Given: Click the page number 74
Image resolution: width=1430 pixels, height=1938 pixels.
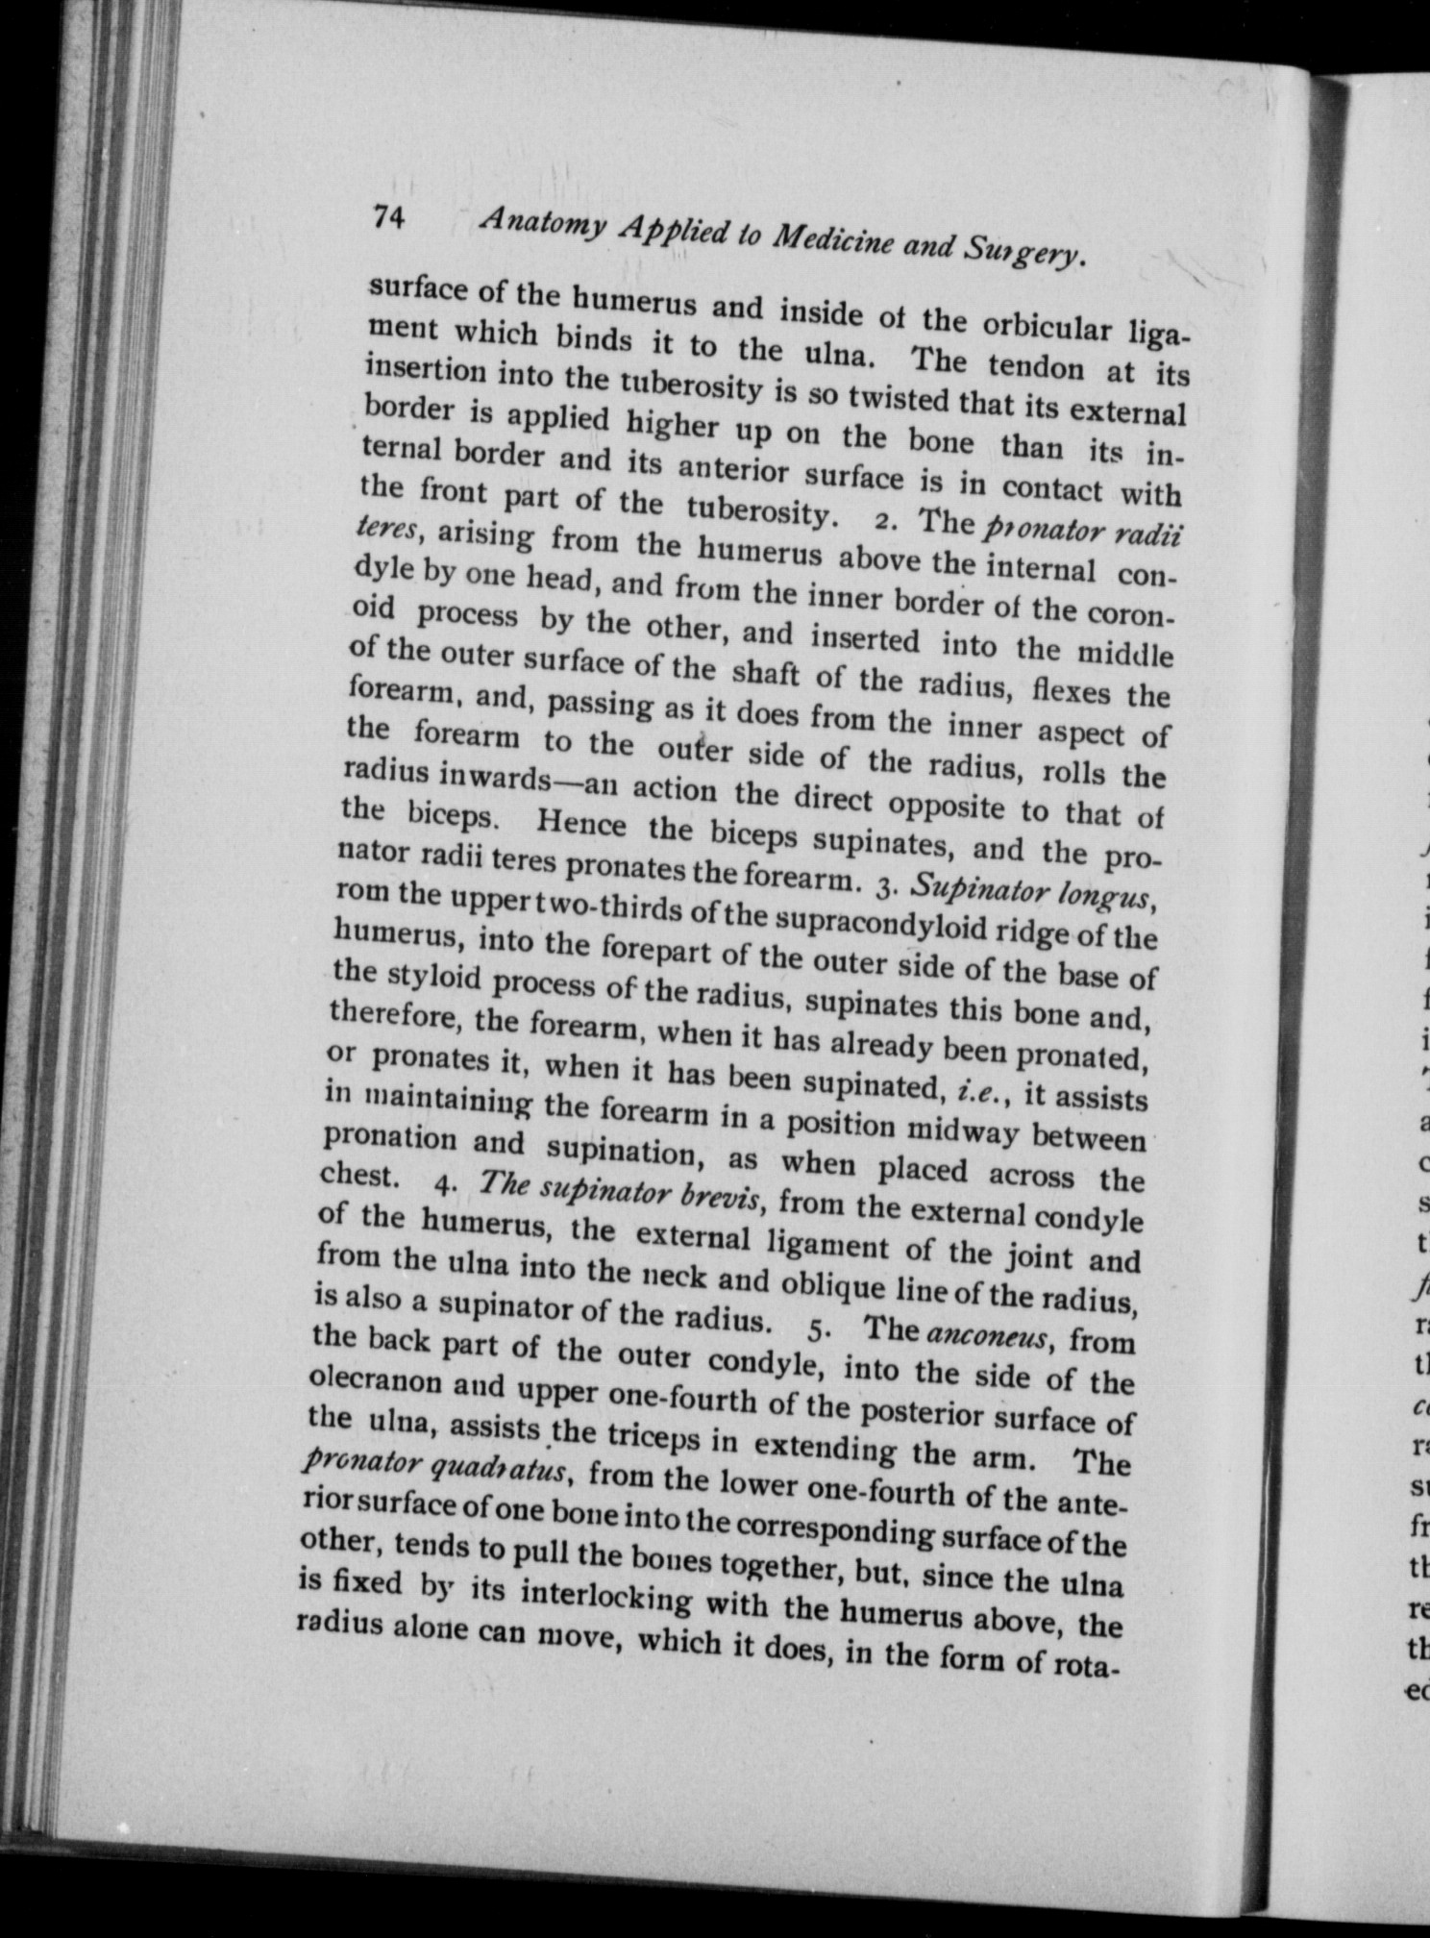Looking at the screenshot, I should [x=392, y=220].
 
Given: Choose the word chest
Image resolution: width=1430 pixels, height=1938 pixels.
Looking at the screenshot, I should [x=357, y=1175].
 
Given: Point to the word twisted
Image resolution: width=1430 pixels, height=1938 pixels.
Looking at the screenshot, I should [x=898, y=398].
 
